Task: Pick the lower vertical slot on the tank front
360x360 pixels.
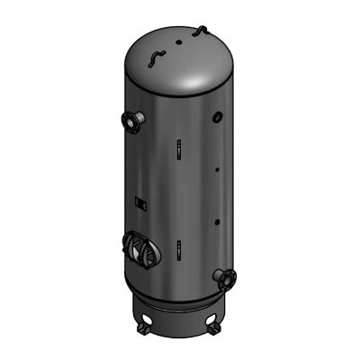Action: point(178,247)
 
